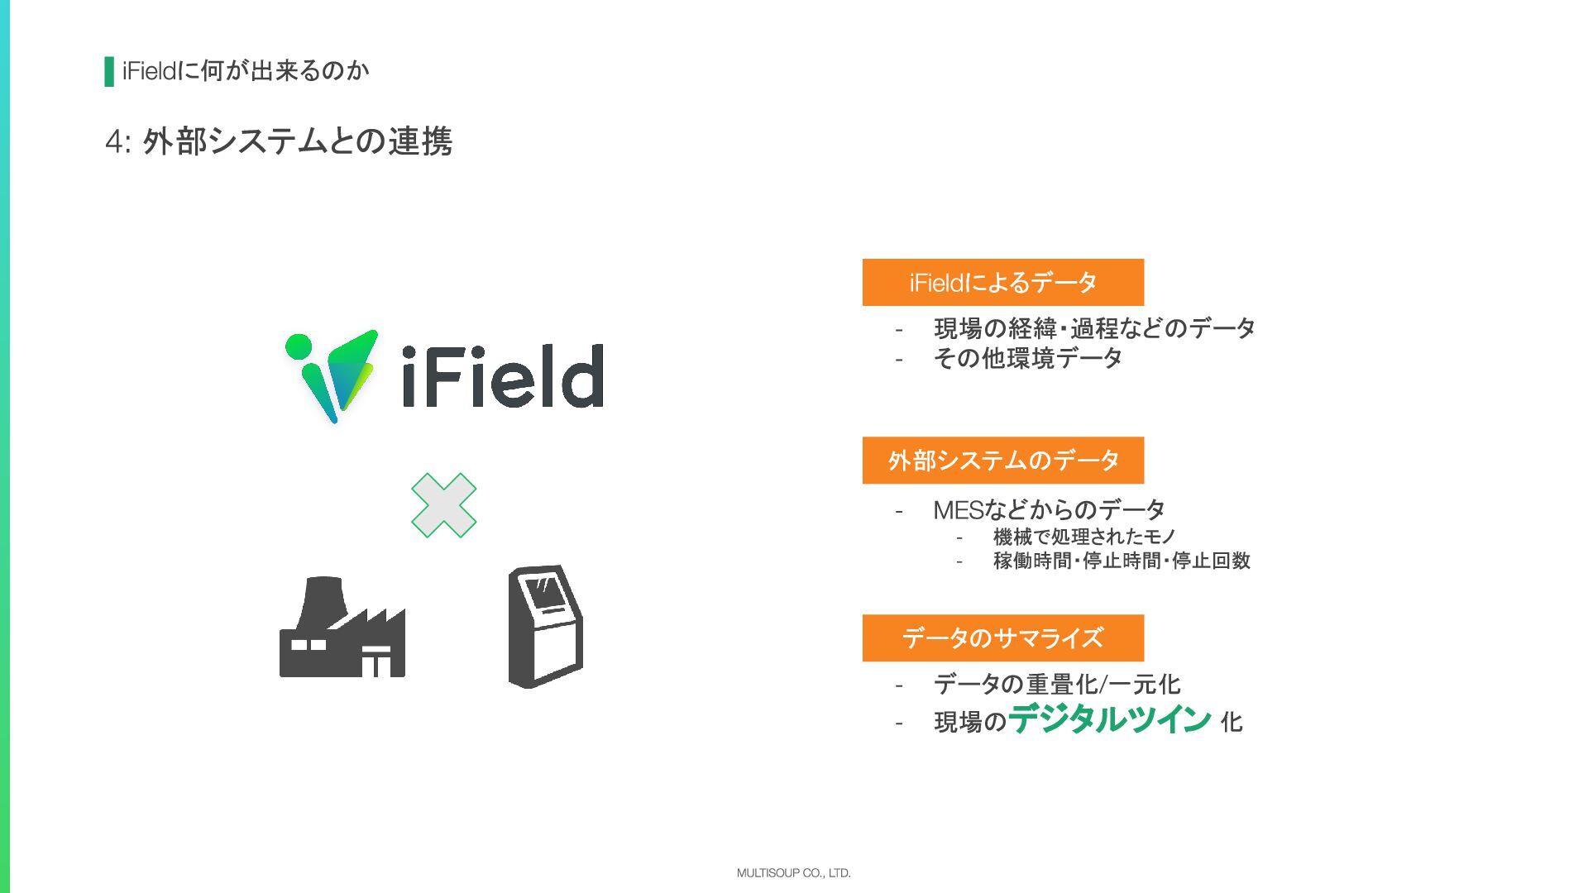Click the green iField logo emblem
(x=332, y=375)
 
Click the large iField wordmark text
(x=503, y=376)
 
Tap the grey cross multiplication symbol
(x=444, y=505)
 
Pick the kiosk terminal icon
(x=545, y=626)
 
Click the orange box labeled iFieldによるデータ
(x=1002, y=283)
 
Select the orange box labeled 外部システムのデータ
(x=1002, y=461)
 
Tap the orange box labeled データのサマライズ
(x=1002, y=638)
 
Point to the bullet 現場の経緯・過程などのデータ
(x=1094, y=329)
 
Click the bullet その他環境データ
(x=1028, y=359)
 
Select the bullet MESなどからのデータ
(x=1049, y=510)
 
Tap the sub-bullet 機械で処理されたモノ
(x=1084, y=537)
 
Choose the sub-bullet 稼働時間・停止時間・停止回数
(x=1122, y=561)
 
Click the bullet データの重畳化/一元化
(x=1057, y=685)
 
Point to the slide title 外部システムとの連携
(x=297, y=142)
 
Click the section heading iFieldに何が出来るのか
(x=246, y=72)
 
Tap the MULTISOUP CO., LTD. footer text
(x=793, y=873)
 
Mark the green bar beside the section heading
(x=109, y=72)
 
